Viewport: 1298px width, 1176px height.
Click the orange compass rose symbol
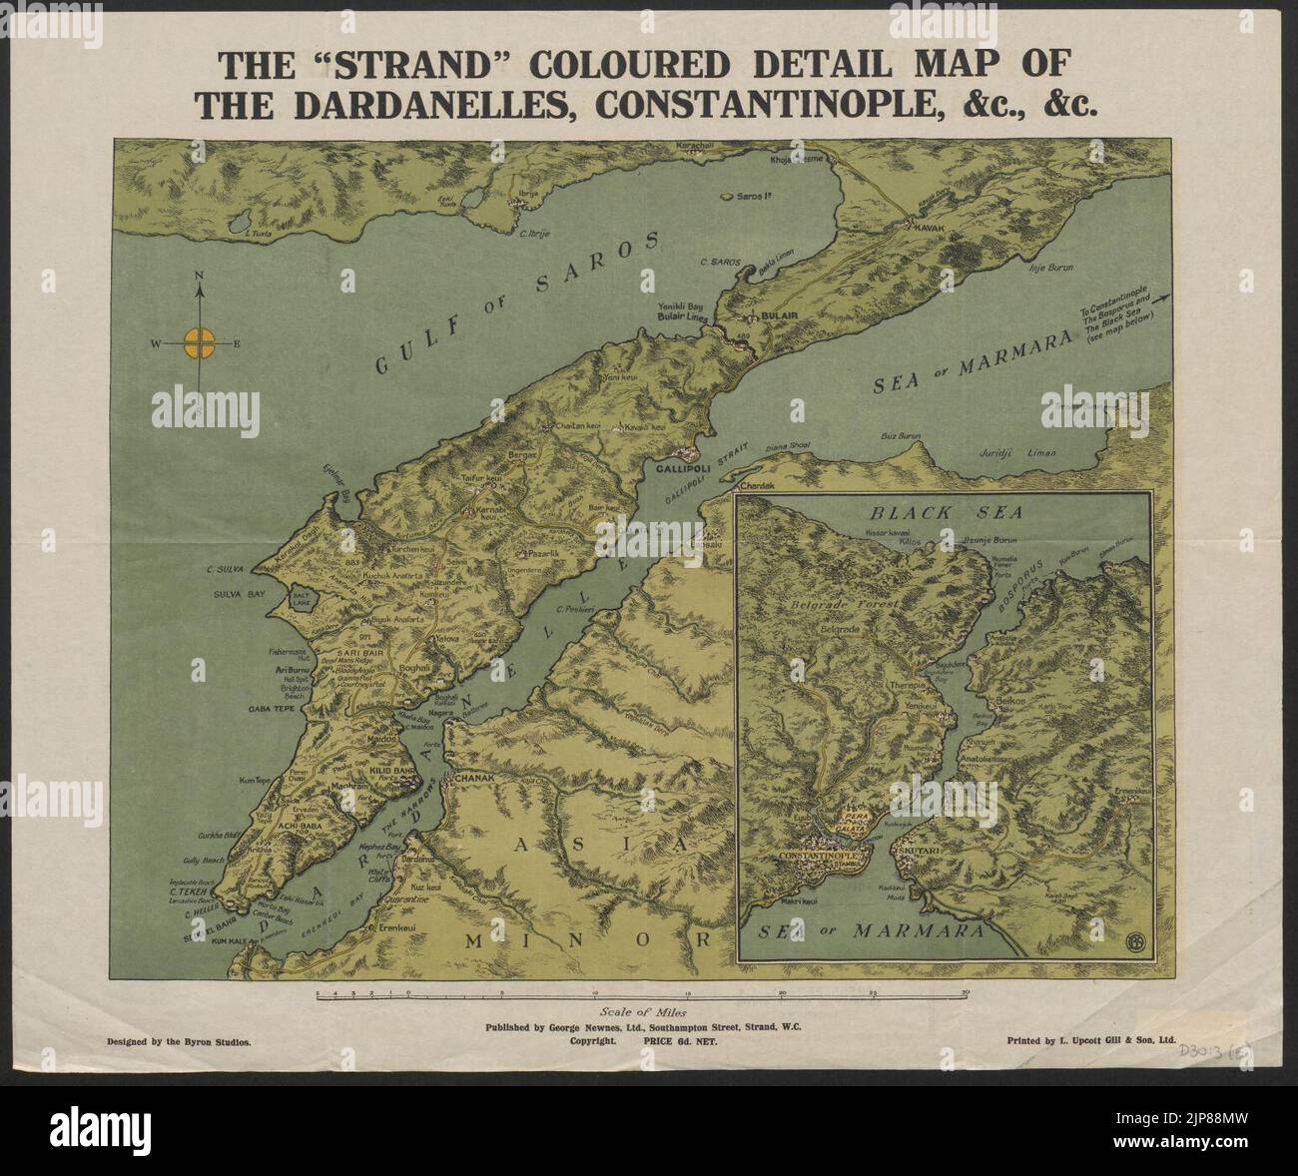(200, 344)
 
